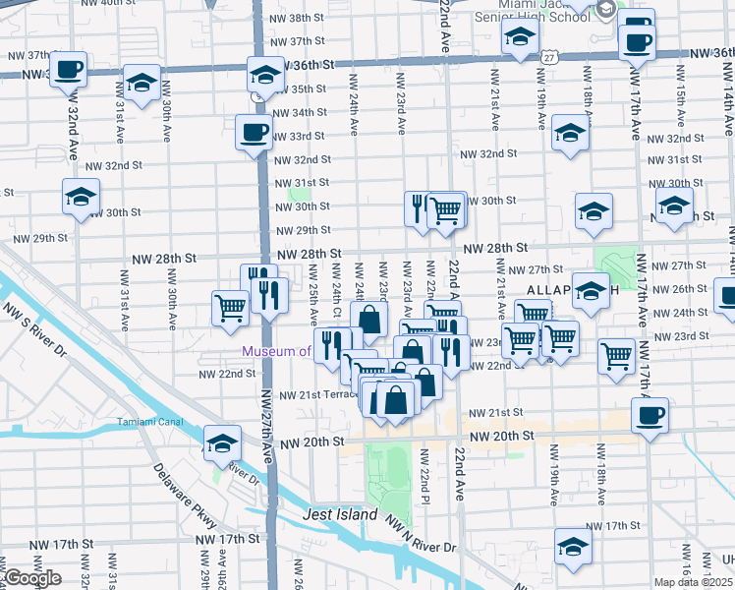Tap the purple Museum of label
coord(278,351)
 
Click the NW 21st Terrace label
coord(315,394)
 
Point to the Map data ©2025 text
coord(694,582)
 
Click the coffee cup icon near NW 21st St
coord(650,415)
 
